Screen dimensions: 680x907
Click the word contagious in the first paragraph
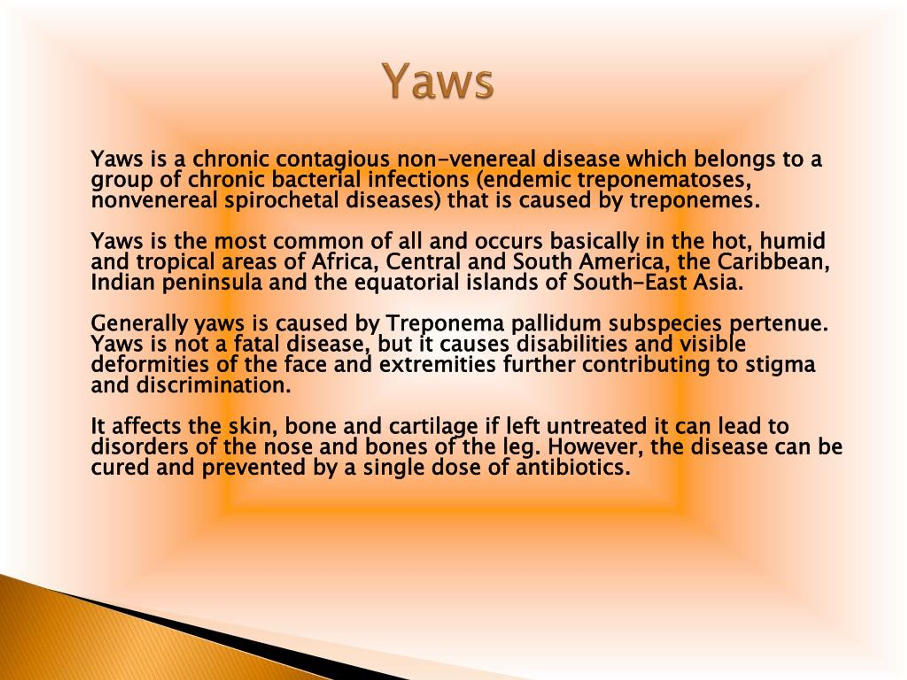point(332,159)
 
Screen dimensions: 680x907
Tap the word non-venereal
point(467,159)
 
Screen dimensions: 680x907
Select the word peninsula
point(212,282)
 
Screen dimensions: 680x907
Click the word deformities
point(150,364)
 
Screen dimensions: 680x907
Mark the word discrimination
point(213,385)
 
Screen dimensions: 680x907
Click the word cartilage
point(433,426)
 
